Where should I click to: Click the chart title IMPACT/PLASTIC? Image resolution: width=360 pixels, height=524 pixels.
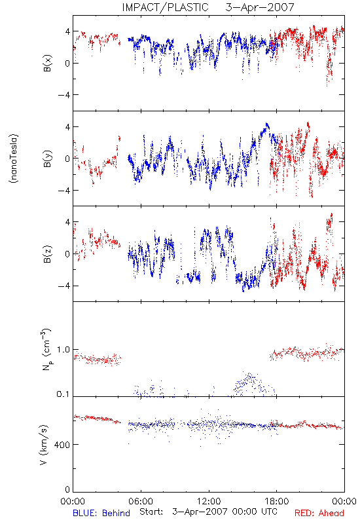[x=165, y=7]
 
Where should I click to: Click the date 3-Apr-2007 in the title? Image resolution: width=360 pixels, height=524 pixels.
[x=260, y=7]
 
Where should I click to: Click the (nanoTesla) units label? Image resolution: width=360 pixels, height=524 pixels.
[x=14, y=158]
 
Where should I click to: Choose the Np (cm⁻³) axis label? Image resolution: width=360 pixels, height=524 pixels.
[x=46, y=349]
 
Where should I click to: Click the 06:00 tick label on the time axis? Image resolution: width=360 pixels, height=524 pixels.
[x=141, y=501]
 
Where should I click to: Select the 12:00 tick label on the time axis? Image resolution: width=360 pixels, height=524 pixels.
[x=209, y=501]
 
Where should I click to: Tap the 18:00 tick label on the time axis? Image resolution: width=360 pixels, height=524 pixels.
[x=277, y=501]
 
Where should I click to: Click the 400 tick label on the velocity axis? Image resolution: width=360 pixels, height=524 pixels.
[x=62, y=445]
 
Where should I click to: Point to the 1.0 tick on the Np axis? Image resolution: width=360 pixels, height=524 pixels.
[x=63, y=350]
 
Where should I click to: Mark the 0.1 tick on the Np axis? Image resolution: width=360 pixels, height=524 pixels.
[x=63, y=394]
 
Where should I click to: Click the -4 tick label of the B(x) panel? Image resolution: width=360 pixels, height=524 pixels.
[x=63, y=95]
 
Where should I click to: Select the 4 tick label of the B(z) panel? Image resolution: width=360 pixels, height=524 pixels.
[x=67, y=222]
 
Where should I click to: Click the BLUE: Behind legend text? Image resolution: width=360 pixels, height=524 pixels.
[x=101, y=513]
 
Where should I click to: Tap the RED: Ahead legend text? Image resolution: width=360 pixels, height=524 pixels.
[x=319, y=513]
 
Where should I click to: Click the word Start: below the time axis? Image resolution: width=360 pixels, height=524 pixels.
[x=151, y=512]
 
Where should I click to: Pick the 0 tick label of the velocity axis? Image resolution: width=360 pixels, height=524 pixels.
[x=67, y=490]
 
